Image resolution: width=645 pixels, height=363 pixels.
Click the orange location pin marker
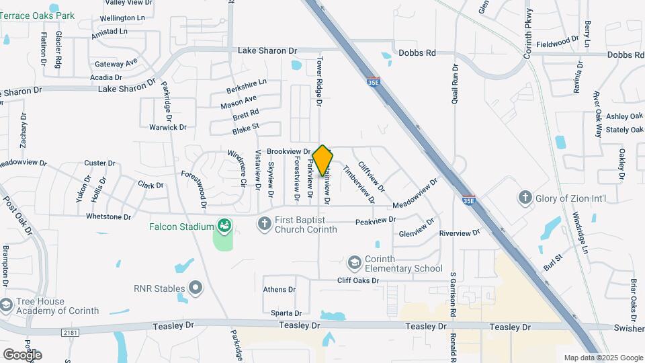point(323,160)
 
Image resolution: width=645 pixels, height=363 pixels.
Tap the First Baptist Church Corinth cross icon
point(265,223)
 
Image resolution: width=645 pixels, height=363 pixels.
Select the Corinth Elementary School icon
point(355,261)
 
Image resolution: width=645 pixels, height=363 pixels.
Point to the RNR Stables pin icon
point(196,289)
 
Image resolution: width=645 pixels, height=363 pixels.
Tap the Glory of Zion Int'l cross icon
point(525,198)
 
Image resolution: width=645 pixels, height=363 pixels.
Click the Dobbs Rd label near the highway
point(417,52)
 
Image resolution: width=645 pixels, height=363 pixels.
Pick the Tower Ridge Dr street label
point(320,80)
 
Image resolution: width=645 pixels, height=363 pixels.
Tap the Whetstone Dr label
point(108,216)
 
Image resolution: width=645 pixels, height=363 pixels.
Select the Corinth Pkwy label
point(528,33)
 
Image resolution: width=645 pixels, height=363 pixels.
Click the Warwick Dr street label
point(168,127)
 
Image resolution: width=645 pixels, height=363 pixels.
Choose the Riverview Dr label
point(460,233)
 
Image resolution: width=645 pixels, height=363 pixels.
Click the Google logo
point(22,354)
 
